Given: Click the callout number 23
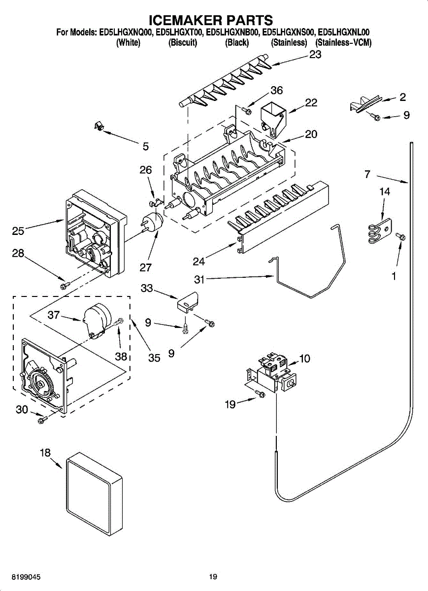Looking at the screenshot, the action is [x=315, y=55].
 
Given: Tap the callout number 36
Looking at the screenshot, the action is [x=276, y=91].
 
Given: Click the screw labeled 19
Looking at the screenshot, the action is [x=260, y=394].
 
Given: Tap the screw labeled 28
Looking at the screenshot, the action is [x=65, y=285].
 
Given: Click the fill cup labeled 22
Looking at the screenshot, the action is [x=273, y=121].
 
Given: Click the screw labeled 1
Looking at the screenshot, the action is [x=400, y=236].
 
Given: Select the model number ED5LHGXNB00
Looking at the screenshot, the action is [x=231, y=33].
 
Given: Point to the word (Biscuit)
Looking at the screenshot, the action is [x=183, y=42].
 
